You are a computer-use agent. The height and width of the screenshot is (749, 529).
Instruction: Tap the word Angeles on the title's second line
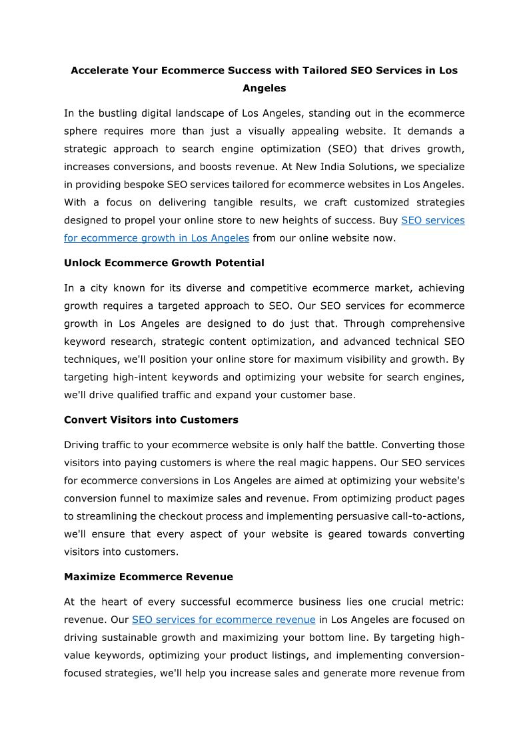264,88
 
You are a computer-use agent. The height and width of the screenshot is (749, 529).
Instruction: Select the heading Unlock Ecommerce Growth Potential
164,263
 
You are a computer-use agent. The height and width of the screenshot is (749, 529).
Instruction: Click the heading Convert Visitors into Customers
151,420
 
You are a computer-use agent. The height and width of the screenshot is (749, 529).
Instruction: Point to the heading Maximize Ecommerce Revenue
149,576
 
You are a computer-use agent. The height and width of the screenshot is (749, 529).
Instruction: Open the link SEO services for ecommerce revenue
223,620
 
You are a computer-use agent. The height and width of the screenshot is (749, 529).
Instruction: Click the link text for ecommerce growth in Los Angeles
157,237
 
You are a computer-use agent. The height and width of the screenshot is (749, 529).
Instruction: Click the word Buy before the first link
388,219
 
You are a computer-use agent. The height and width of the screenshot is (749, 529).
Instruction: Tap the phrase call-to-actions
426,516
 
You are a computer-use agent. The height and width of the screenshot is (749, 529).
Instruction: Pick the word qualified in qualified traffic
126,395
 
